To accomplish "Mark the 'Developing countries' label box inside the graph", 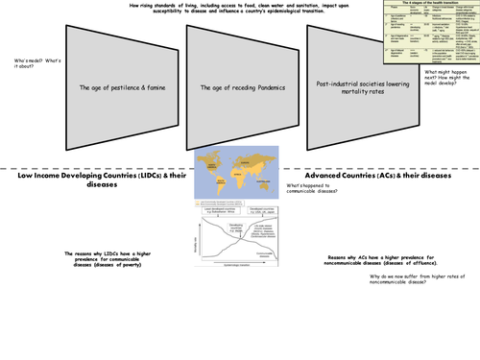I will point(222,220).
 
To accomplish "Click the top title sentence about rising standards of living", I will point(240,11).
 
